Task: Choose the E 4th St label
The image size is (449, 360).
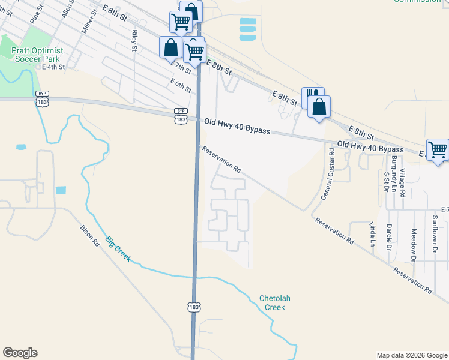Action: point(50,67)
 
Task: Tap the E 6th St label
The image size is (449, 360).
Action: point(180,85)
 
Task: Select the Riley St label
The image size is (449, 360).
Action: point(135,40)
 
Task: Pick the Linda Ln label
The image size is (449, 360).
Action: point(372,234)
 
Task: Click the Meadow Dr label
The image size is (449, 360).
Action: point(413,242)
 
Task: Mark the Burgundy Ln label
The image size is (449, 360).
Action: point(394,170)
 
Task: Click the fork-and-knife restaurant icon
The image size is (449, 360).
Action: point(311,96)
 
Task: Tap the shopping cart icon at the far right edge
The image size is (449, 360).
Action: point(438,149)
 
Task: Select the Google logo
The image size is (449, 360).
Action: point(20,353)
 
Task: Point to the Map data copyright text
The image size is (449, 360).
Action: point(412,355)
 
